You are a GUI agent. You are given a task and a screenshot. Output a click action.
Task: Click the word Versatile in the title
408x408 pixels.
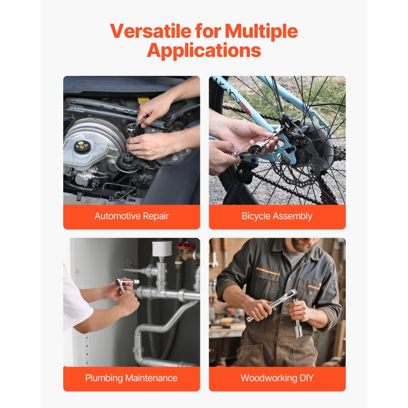click(153, 32)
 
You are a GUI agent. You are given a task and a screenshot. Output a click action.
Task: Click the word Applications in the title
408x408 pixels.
click(204, 51)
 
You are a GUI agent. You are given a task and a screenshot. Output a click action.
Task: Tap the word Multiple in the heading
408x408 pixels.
click(261, 32)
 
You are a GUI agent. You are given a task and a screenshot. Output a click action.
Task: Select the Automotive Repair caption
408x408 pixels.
click(132, 216)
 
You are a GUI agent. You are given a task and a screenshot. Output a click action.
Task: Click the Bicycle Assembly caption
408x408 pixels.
click(277, 216)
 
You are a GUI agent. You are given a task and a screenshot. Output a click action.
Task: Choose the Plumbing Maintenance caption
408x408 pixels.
click(132, 378)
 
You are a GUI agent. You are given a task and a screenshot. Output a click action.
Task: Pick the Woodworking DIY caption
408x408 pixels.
click(277, 378)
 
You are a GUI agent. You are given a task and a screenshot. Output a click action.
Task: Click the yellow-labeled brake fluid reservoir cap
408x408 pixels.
click(81, 147)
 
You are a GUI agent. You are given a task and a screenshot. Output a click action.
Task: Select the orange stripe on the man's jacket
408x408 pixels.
click(268, 272)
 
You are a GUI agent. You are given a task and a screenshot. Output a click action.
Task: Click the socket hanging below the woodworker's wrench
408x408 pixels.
click(297, 326)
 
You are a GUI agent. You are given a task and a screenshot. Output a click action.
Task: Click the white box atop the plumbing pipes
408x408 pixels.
click(162, 248)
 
